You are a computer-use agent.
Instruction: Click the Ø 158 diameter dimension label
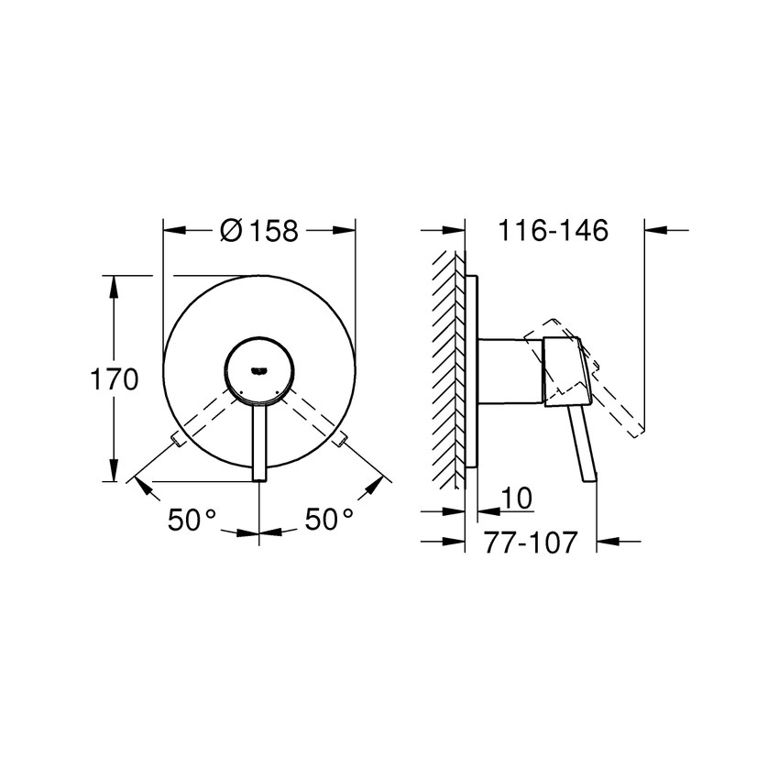click(x=260, y=231)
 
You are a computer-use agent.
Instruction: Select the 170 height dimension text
click(x=114, y=379)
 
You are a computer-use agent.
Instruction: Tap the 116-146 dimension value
click(x=553, y=230)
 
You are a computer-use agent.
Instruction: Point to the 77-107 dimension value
click(x=531, y=543)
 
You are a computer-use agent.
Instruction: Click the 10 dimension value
click(x=518, y=498)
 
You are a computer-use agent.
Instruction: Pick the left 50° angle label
click(x=192, y=520)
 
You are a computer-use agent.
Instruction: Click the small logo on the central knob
click(x=259, y=370)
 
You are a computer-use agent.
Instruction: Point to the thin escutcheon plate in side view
click(x=472, y=371)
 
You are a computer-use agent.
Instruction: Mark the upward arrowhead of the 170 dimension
click(x=114, y=284)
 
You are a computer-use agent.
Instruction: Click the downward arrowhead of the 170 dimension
click(x=114, y=471)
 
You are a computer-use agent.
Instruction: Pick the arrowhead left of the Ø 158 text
click(x=173, y=231)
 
